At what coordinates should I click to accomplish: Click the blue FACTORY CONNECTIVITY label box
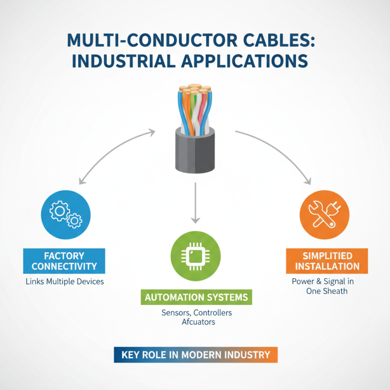pos(64,261)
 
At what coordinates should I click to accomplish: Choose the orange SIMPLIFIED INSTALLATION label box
pos(324,261)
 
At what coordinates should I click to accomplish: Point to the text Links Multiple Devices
pos(64,282)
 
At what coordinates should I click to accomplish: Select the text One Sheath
pos(324,291)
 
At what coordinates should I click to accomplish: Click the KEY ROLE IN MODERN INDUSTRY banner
pos(195,355)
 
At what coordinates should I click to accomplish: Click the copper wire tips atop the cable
pos(195,90)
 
